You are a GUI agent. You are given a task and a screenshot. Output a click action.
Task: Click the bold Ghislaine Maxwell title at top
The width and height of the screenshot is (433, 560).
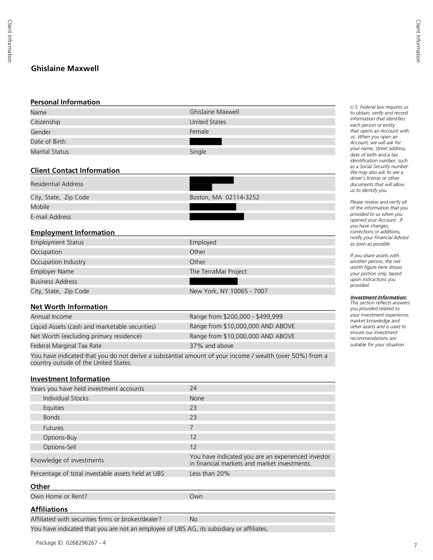coord(65,68)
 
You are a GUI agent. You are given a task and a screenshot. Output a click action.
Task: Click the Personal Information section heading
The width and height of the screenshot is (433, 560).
coord(65,102)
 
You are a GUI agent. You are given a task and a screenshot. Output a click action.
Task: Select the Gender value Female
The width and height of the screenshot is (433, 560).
coord(199,132)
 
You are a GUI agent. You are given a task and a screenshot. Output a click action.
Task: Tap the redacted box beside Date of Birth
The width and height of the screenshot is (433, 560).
coord(205,142)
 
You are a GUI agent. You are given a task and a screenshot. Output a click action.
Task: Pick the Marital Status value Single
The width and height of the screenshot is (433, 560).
coord(198,152)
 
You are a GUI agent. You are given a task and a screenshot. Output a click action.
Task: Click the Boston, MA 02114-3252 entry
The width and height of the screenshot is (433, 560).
coord(224,197)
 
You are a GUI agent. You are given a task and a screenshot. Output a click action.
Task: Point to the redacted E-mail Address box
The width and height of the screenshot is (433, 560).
coord(216,216)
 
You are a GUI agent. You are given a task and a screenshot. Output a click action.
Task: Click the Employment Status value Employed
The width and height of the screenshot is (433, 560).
coord(203,242)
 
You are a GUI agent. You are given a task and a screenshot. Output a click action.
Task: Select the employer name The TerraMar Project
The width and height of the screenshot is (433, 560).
coord(218,272)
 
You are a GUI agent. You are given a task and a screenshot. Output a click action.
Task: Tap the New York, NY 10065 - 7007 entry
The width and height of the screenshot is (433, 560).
coord(229,291)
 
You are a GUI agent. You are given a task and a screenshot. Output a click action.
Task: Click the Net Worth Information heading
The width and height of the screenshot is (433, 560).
coord(69,307)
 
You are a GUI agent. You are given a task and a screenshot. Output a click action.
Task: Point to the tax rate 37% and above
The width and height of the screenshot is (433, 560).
coord(211,346)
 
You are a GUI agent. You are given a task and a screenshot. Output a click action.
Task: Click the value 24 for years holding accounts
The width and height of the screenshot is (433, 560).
coord(193,389)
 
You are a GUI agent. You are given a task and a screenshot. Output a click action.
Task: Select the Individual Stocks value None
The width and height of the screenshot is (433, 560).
coord(197,398)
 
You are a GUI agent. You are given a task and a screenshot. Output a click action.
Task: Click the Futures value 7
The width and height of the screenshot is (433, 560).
coord(192,427)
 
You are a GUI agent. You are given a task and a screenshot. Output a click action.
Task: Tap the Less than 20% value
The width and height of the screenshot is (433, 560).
coord(210,474)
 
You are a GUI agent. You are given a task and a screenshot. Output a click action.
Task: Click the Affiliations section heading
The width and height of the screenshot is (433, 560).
coord(49,509)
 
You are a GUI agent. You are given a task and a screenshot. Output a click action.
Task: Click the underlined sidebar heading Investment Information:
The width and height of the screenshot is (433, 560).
coord(378,297)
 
